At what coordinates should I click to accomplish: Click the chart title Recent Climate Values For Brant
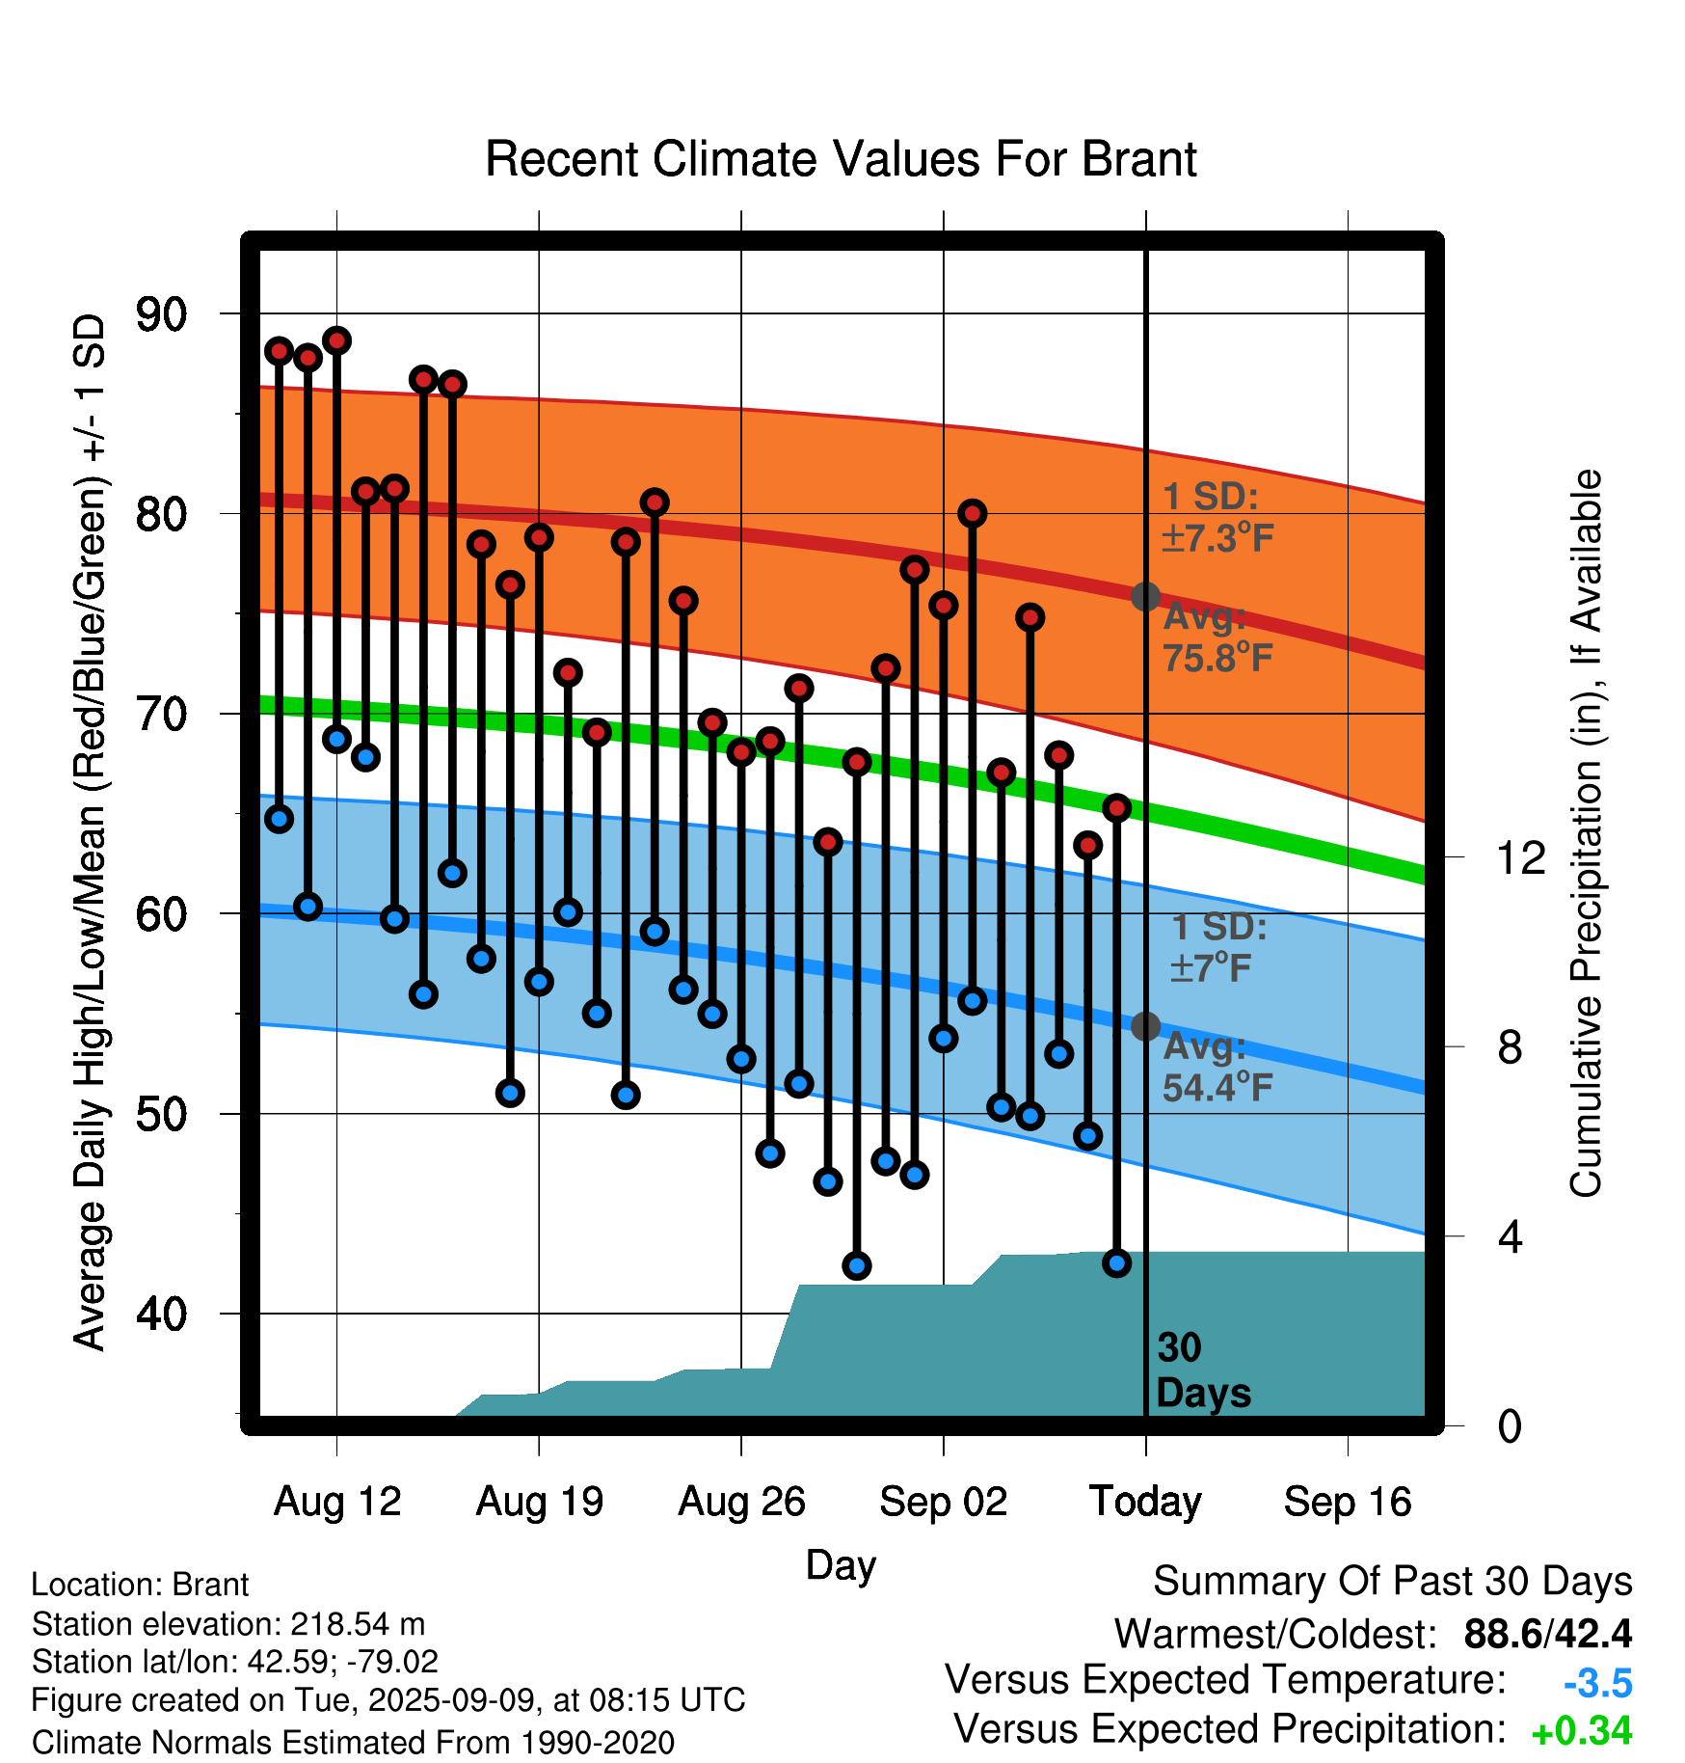point(841,159)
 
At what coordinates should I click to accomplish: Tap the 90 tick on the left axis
point(162,314)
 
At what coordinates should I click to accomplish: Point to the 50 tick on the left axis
point(162,1115)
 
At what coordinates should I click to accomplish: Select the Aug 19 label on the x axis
point(540,1502)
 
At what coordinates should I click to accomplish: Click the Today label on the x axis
point(1145,1502)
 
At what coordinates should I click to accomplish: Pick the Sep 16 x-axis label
point(1348,1502)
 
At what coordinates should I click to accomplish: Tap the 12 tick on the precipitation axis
point(1521,857)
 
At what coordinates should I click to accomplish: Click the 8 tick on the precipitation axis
point(1510,1047)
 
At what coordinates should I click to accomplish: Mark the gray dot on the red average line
point(1145,597)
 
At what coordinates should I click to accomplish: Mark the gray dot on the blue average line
point(1145,1026)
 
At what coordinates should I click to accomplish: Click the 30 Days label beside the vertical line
point(1203,1370)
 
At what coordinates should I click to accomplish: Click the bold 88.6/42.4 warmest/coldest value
point(1548,1634)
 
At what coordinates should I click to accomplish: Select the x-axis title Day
point(841,1566)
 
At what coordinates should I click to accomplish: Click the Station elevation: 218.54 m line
point(228,1624)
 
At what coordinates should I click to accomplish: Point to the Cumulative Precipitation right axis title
point(1586,833)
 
